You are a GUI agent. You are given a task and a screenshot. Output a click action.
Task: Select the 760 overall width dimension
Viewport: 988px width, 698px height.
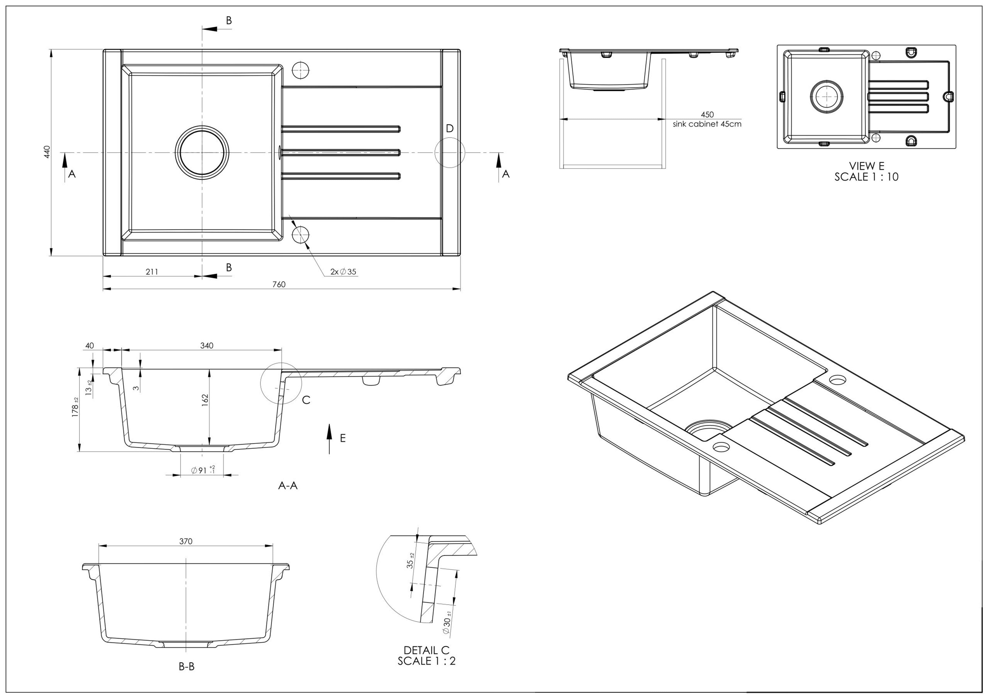(279, 284)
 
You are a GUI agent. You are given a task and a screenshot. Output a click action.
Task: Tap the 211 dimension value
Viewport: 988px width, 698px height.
(152, 272)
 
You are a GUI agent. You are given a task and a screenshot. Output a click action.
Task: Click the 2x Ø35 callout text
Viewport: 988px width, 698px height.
(343, 272)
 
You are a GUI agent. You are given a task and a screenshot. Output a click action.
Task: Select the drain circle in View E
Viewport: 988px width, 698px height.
(826, 97)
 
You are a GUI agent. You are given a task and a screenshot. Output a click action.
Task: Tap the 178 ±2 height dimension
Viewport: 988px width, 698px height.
(76, 407)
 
